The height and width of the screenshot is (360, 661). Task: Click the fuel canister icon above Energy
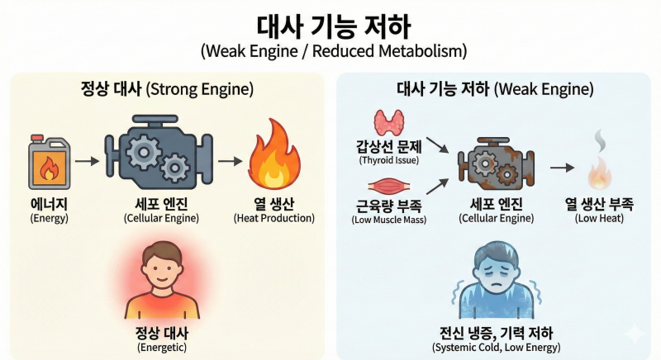pos(49,162)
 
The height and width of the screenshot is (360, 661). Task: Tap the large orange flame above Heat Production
pos(274,154)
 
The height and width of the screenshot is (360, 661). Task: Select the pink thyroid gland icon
pos(389,122)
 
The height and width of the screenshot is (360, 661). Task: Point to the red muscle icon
pos(388,186)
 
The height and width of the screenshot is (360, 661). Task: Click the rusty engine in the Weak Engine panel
pos(497,163)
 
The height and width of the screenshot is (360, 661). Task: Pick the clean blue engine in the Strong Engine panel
pos(159,152)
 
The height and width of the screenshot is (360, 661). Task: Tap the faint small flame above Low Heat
pos(601,173)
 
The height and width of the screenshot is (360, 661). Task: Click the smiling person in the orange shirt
pos(162,280)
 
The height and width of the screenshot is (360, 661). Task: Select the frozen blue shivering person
pos(497,280)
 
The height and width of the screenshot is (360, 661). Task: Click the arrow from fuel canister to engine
pos(88,161)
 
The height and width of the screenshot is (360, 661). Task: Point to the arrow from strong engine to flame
pos(231,161)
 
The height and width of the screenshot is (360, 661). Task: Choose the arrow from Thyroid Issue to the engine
pos(438,144)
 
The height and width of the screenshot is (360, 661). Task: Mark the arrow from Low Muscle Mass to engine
pos(438,186)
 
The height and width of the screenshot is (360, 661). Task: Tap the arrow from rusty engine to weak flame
pos(562,168)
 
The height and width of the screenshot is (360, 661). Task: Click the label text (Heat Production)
pos(274,218)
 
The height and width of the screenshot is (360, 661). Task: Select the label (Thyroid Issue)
pos(388,160)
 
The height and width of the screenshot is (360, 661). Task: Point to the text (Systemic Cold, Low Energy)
pos(497,348)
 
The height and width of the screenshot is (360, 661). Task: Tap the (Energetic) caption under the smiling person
pos(162,348)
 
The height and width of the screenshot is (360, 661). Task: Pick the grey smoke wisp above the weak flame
pos(600,141)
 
